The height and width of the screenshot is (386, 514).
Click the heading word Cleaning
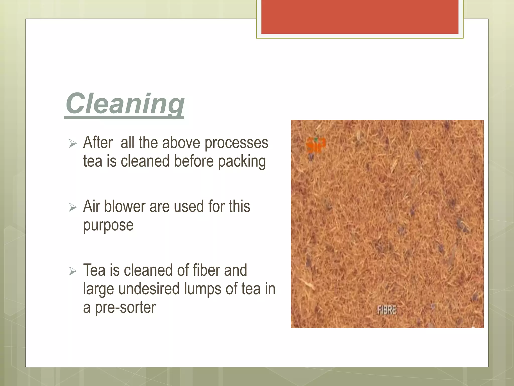click(125, 104)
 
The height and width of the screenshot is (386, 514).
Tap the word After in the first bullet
click(98, 143)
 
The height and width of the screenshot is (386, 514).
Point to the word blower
click(124, 207)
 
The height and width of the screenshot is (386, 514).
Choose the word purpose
click(108, 225)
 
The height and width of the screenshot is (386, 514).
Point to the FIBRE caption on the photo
click(387, 310)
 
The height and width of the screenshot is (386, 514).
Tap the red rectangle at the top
click(360, 17)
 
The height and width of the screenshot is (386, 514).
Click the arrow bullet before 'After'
click(73, 144)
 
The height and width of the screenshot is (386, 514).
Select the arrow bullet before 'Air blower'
click(73, 208)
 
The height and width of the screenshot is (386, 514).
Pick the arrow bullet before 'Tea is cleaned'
click(73, 271)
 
